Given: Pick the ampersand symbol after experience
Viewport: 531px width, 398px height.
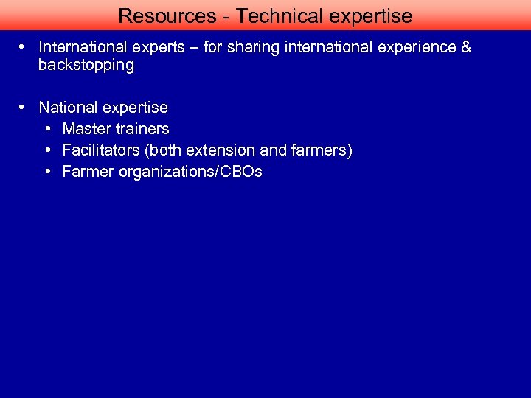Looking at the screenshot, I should pos(465,47).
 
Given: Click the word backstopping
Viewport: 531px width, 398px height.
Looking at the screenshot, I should pos(86,65).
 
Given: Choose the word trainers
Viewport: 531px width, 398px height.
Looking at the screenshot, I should pos(142,129).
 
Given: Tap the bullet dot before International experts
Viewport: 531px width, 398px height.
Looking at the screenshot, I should pos(24,47).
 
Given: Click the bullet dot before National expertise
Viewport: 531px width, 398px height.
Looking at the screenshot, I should pos(24,108).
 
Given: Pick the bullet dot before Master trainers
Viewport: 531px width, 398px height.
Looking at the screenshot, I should pos(48,129).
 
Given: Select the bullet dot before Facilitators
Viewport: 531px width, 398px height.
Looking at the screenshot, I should pos(48,150).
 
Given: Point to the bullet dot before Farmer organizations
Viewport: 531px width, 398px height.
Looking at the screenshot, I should pos(48,172).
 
